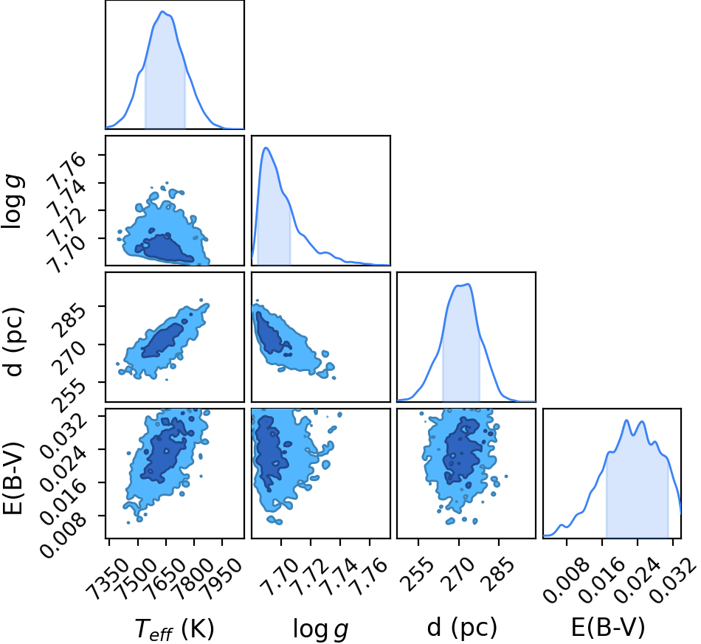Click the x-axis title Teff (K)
click(x=175, y=629)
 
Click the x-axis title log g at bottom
click(x=320, y=630)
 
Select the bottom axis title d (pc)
click(x=462, y=628)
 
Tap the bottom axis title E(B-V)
click(x=608, y=628)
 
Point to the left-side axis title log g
click(x=13, y=202)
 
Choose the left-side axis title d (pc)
click(x=13, y=342)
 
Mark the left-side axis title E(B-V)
click(x=13, y=478)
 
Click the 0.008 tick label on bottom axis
click(x=565, y=580)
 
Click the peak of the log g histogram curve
click(x=266, y=148)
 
